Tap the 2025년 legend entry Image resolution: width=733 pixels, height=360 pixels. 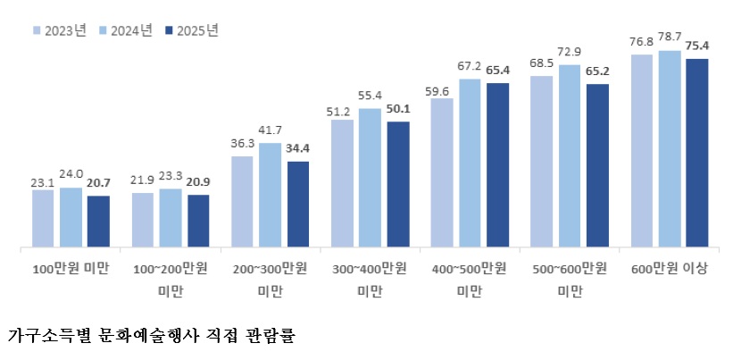click(192, 30)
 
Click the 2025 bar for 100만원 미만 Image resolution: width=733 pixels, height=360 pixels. click(98, 221)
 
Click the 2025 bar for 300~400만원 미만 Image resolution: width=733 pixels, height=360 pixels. click(397, 183)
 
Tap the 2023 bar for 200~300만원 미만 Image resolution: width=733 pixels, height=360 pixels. click(242, 201)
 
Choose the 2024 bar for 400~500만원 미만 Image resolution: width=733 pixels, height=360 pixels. click(470, 162)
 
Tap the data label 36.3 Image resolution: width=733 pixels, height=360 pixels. click(242, 144)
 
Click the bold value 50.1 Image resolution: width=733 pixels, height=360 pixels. click(398, 109)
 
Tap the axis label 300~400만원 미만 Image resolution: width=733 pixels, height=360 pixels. click(369, 279)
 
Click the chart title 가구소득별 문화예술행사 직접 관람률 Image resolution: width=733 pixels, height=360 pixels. click(151, 337)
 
